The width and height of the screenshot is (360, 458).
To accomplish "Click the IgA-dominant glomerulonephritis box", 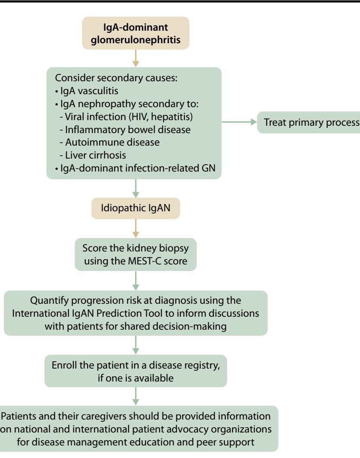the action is click(136, 33).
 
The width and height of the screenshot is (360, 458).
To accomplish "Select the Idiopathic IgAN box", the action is click(136, 208).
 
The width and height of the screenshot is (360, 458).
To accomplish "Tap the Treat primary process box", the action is click(309, 122).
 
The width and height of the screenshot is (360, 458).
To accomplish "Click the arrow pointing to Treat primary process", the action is click(239, 122).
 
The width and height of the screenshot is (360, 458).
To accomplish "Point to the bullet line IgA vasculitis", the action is click(87, 91).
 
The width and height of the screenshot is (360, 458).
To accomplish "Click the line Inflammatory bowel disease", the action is click(125, 129).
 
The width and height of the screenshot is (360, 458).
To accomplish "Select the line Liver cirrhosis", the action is click(93, 155).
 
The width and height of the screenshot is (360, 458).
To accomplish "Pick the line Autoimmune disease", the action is click(110, 142).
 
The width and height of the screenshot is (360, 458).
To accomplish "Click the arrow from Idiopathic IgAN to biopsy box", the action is click(136, 229).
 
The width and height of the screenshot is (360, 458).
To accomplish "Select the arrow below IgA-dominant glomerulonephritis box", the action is click(136, 58).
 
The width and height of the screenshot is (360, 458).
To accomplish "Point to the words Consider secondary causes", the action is click(116, 78).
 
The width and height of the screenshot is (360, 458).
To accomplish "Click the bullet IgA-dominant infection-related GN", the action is click(135, 168).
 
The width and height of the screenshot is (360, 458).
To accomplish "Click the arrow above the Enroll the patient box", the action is click(136, 345).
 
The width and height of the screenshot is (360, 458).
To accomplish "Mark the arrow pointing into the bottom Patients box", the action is click(136, 396).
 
